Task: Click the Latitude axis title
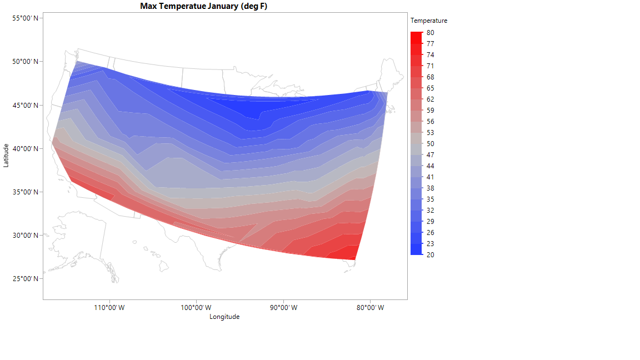(6, 155)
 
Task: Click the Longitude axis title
(224, 317)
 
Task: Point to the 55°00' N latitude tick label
(25, 18)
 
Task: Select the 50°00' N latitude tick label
(25, 62)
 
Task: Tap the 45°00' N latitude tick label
(25, 105)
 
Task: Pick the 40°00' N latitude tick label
(25, 148)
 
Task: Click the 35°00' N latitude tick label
(25, 192)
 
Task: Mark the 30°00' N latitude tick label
(25, 236)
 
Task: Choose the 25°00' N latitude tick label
(25, 279)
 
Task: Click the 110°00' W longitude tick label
(109, 308)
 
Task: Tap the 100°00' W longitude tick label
(196, 308)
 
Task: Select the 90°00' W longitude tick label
(283, 308)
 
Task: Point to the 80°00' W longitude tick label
(370, 308)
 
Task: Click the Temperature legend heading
(429, 21)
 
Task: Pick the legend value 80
(431, 33)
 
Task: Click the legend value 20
(431, 255)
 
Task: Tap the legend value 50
(431, 144)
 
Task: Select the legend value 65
(431, 88)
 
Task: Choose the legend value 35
(431, 199)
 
